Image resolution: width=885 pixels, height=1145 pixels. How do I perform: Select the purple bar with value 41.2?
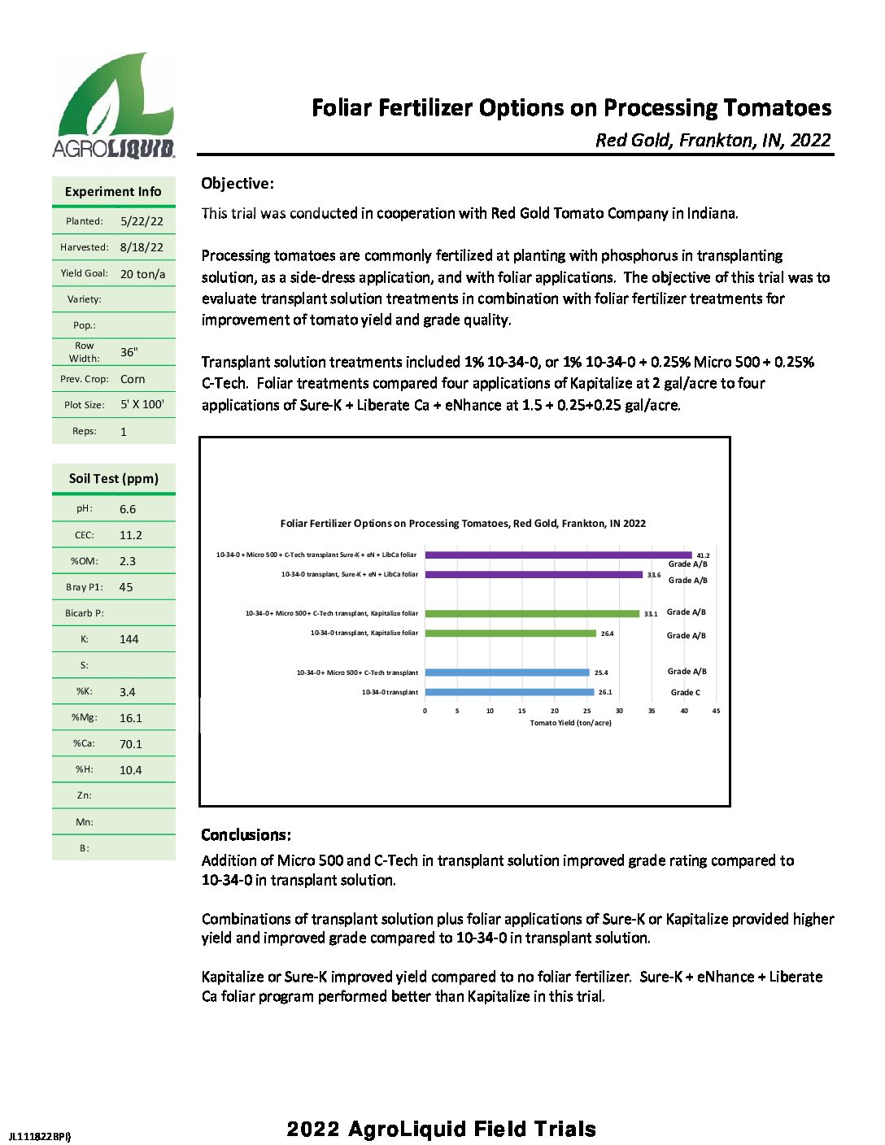pyautogui.click(x=558, y=555)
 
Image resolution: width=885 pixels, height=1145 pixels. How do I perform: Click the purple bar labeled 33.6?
pyautogui.click(x=534, y=575)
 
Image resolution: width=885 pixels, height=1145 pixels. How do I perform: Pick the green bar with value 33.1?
pyautogui.click(x=532, y=614)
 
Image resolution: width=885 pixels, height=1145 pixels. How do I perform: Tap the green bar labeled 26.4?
pyautogui.click(x=510, y=633)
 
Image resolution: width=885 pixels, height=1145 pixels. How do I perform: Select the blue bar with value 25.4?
pyautogui.click(x=507, y=673)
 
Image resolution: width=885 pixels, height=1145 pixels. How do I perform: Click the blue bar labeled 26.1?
pyautogui.click(x=509, y=692)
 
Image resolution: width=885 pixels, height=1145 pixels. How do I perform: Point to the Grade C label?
pyautogui.click(x=685, y=693)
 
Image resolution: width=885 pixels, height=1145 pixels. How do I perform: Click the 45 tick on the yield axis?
pyautogui.click(x=716, y=711)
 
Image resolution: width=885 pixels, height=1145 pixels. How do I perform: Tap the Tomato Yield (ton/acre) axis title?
pyautogui.click(x=570, y=723)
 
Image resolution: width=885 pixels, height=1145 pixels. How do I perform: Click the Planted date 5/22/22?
pyautogui.click(x=142, y=221)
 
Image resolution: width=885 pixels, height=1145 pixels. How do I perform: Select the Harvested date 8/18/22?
pyautogui.click(x=142, y=247)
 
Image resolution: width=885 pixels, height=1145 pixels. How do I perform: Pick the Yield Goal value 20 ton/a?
pyautogui.click(x=142, y=274)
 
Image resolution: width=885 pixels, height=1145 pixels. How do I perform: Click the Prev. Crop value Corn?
pyautogui.click(x=133, y=379)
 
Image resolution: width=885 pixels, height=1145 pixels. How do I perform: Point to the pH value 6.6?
pyautogui.click(x=128, y=509)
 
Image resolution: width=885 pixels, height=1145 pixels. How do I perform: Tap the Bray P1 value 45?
pyautogui.click(x=126, y=587)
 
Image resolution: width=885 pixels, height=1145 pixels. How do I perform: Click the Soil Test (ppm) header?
pyautogui.click(x=114, y=479)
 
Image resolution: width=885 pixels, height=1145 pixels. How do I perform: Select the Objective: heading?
pyautogui.click(x=238, y=184)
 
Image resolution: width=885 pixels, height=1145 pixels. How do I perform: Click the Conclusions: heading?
pyautogui.click(x=246, y=835)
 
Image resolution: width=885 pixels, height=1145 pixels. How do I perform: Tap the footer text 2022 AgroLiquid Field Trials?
pyautogui.click(x=441, y=1129)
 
